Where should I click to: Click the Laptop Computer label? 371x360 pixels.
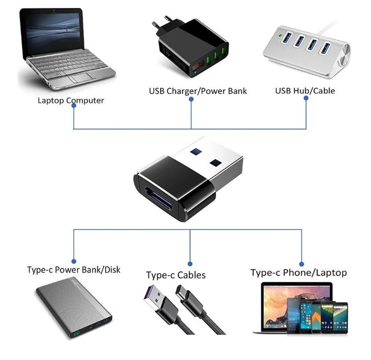click(71, 101)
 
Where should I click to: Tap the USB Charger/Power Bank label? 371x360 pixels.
click(198, 91)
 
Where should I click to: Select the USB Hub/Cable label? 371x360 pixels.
click(305, 90)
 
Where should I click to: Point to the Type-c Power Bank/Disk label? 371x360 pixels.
click(74, 270)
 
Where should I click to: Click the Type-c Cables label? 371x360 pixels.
click(176, 275)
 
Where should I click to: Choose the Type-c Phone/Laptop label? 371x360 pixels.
click(299, 273)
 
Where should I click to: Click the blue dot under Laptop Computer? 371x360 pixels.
click(74, 106)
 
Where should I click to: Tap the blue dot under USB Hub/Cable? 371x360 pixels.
click(306, 98)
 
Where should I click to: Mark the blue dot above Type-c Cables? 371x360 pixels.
click(190, 264)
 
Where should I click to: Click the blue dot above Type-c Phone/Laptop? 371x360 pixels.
click(301, 264)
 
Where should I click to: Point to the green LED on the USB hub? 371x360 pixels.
click(281, 36)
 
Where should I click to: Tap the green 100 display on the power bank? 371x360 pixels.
click(77, 334)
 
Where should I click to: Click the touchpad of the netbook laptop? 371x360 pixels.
click(81, 77)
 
